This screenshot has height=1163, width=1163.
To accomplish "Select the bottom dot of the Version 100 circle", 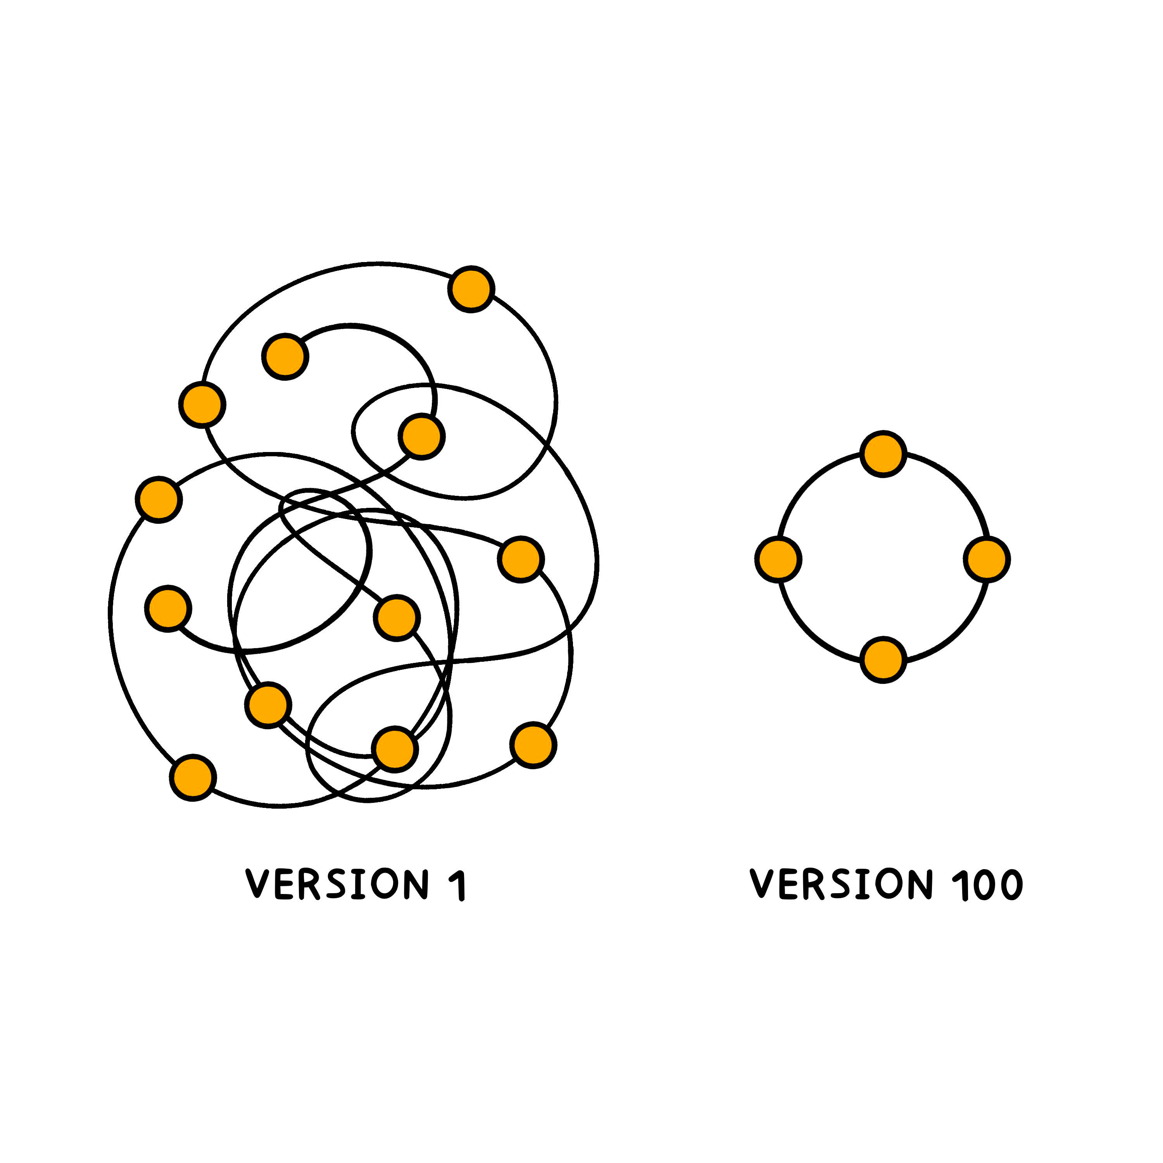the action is (883, 660).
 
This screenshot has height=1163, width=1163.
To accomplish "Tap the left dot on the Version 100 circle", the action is (778, 559).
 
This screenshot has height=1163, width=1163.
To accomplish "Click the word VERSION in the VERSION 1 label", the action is (337, 884).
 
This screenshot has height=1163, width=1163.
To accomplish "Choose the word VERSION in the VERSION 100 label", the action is (841, 884).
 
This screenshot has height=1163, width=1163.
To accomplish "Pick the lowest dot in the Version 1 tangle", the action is (193, 777).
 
